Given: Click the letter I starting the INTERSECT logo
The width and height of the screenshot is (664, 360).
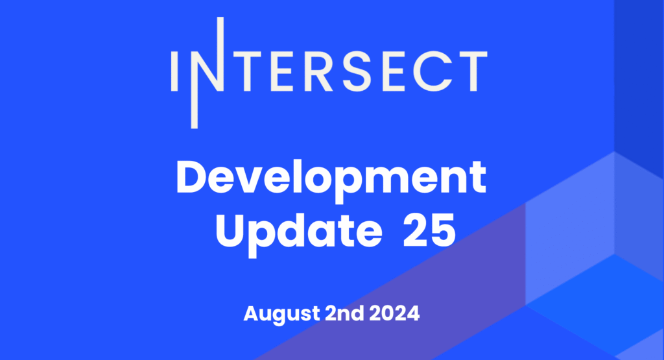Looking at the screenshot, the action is click(174, 71).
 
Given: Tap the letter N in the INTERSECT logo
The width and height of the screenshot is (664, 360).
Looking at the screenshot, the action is click(207, 73).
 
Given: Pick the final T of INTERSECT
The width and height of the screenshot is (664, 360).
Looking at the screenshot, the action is click(472, 71).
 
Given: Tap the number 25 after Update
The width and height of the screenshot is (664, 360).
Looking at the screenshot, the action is click(429, 231).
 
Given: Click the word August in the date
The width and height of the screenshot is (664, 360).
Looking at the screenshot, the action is click(281, 314).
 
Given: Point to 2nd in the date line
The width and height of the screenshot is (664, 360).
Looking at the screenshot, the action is click(344, 313).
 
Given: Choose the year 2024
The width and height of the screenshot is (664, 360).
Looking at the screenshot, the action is click(394, 313).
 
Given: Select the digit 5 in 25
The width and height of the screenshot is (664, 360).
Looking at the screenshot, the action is click(443, 232).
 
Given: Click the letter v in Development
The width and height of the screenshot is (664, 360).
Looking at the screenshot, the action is click(255, 182).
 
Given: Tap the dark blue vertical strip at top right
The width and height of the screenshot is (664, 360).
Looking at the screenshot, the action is click(639, 85).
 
